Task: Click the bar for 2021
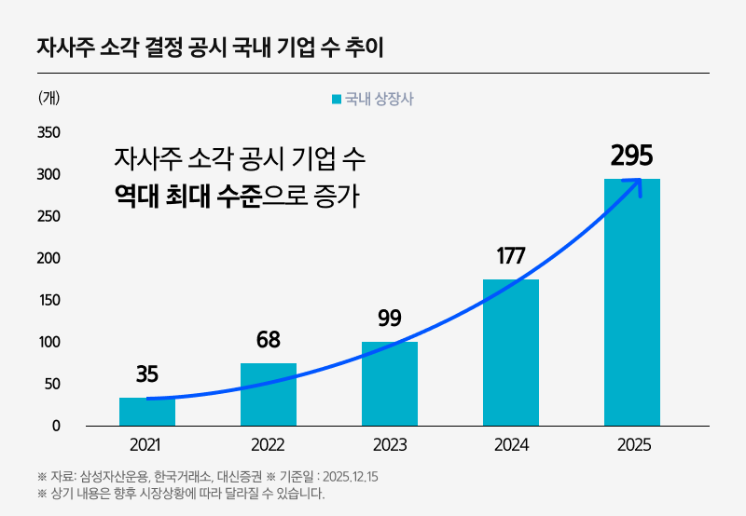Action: (147, 412)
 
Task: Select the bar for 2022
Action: (269, 394)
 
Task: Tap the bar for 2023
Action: (390, 384)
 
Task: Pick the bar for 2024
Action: (511, 352)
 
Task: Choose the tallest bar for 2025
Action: (632, 303)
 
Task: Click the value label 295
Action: (631, 155)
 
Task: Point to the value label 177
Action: (510, 256)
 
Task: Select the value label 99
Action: (390, 318)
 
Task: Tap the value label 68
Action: (269, 340)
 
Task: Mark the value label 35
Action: (147, 374)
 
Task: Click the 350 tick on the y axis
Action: (48, 132)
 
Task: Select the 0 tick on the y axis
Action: (56, 426)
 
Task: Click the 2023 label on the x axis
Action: (390, 445)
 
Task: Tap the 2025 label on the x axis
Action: (632, 445)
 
